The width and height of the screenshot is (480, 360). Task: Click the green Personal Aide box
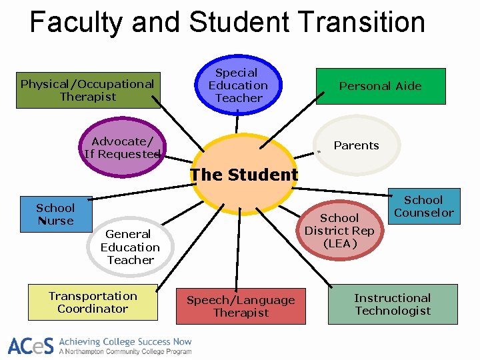380,86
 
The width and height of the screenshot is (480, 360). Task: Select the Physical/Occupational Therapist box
88,90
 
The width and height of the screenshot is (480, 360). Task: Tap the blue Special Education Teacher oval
238,85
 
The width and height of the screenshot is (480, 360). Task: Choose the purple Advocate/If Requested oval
122,147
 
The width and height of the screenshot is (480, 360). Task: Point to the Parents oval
357,145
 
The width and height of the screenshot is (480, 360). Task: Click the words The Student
243,175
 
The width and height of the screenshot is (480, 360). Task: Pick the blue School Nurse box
56,214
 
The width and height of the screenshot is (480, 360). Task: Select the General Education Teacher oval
130,247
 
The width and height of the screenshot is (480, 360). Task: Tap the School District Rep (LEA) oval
339,231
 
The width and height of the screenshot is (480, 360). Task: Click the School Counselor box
423,207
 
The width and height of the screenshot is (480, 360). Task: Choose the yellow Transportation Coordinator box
93,302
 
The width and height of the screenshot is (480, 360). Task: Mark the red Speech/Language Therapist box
241,307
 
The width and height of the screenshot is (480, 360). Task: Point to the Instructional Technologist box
393,304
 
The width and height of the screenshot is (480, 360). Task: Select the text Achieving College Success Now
125,341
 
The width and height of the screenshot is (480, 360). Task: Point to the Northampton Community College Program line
125,351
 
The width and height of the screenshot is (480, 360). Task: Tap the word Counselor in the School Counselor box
423,213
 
